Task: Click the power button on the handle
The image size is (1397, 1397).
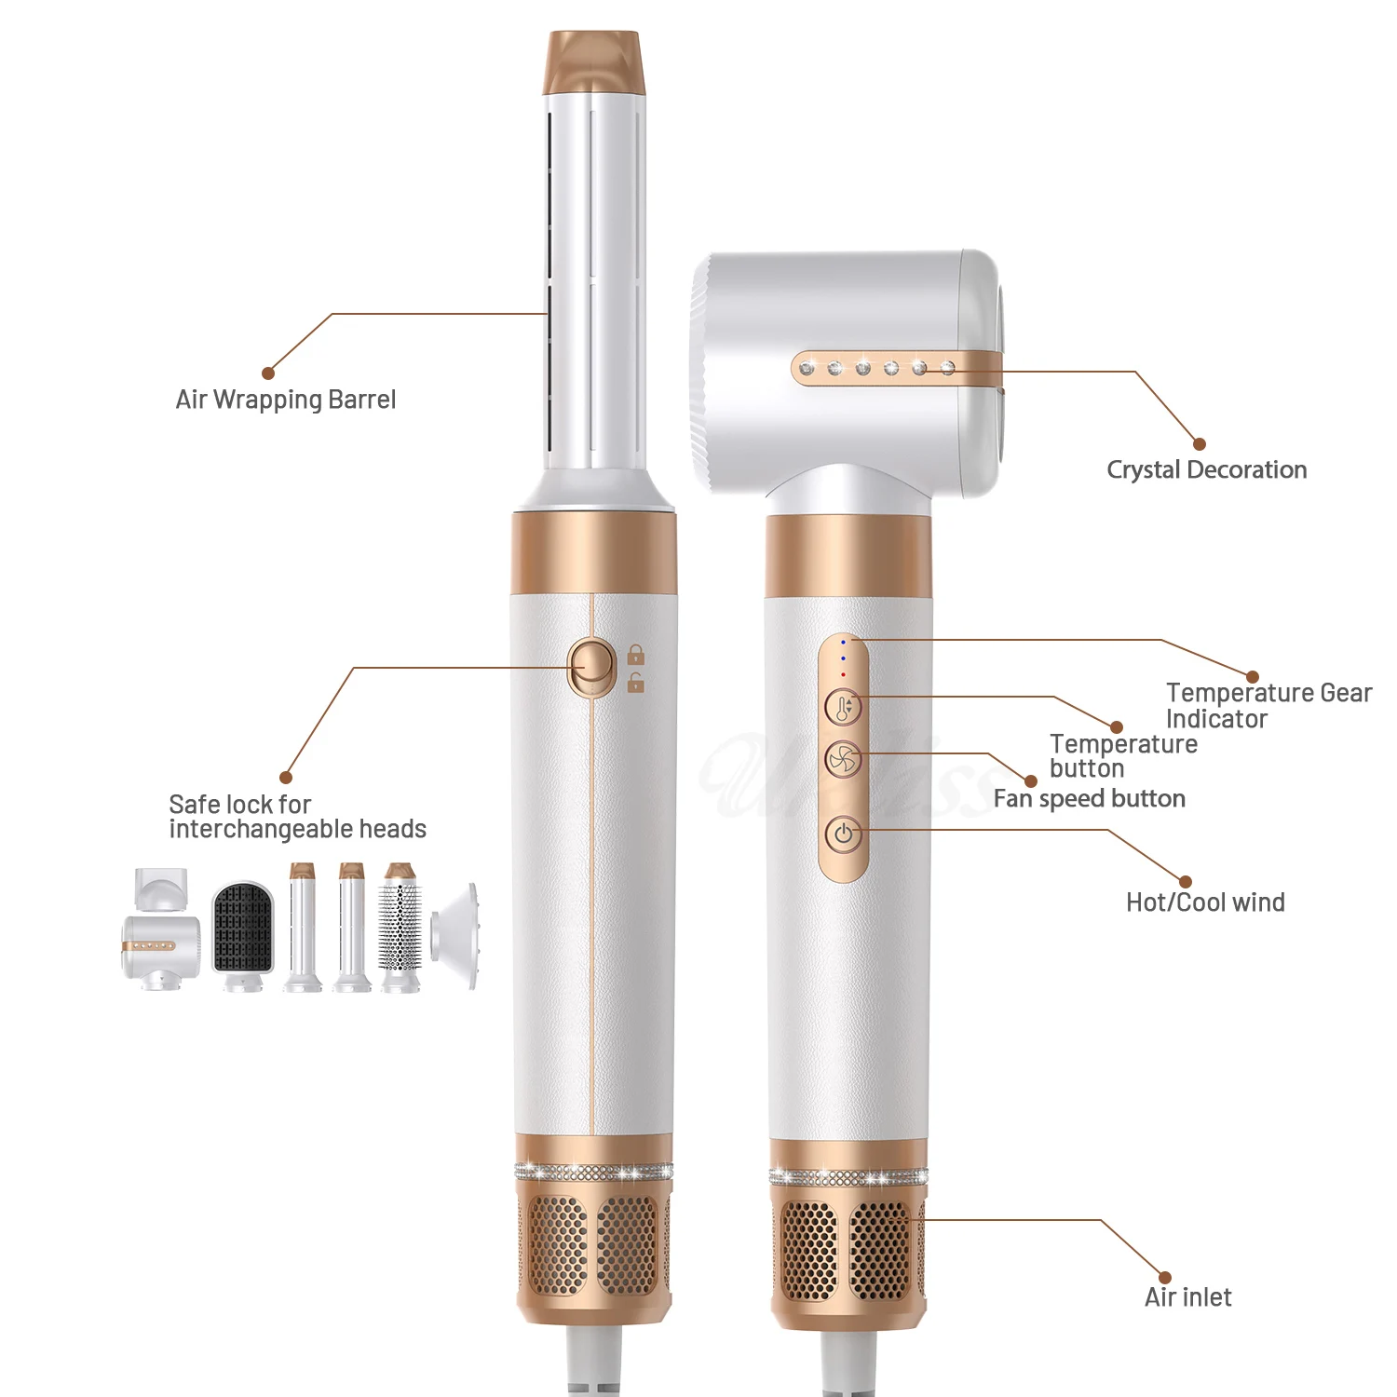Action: [844, 834]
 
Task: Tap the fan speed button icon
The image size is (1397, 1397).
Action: [844, 760]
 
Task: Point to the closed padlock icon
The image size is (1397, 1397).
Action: [636, 655]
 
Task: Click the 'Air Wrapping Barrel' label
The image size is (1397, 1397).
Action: [286, 400]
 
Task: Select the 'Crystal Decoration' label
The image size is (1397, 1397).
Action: [1206, 469]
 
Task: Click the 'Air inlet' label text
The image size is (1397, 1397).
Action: [1187, 1297]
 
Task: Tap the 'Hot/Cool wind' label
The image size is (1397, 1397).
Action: [1205, 902]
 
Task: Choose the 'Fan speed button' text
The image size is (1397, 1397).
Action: [1089, 799]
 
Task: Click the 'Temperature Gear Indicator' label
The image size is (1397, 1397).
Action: [1268, 705]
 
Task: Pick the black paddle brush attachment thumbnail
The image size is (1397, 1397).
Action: [243, 928]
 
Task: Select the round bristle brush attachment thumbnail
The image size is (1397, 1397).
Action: [400, 926]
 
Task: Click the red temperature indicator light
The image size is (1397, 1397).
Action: [844, 674]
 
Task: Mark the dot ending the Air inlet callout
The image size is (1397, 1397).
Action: [1164, 1277]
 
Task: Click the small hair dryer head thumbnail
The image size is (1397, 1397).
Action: [160, 945]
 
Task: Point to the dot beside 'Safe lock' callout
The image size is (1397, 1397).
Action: [286, 778]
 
